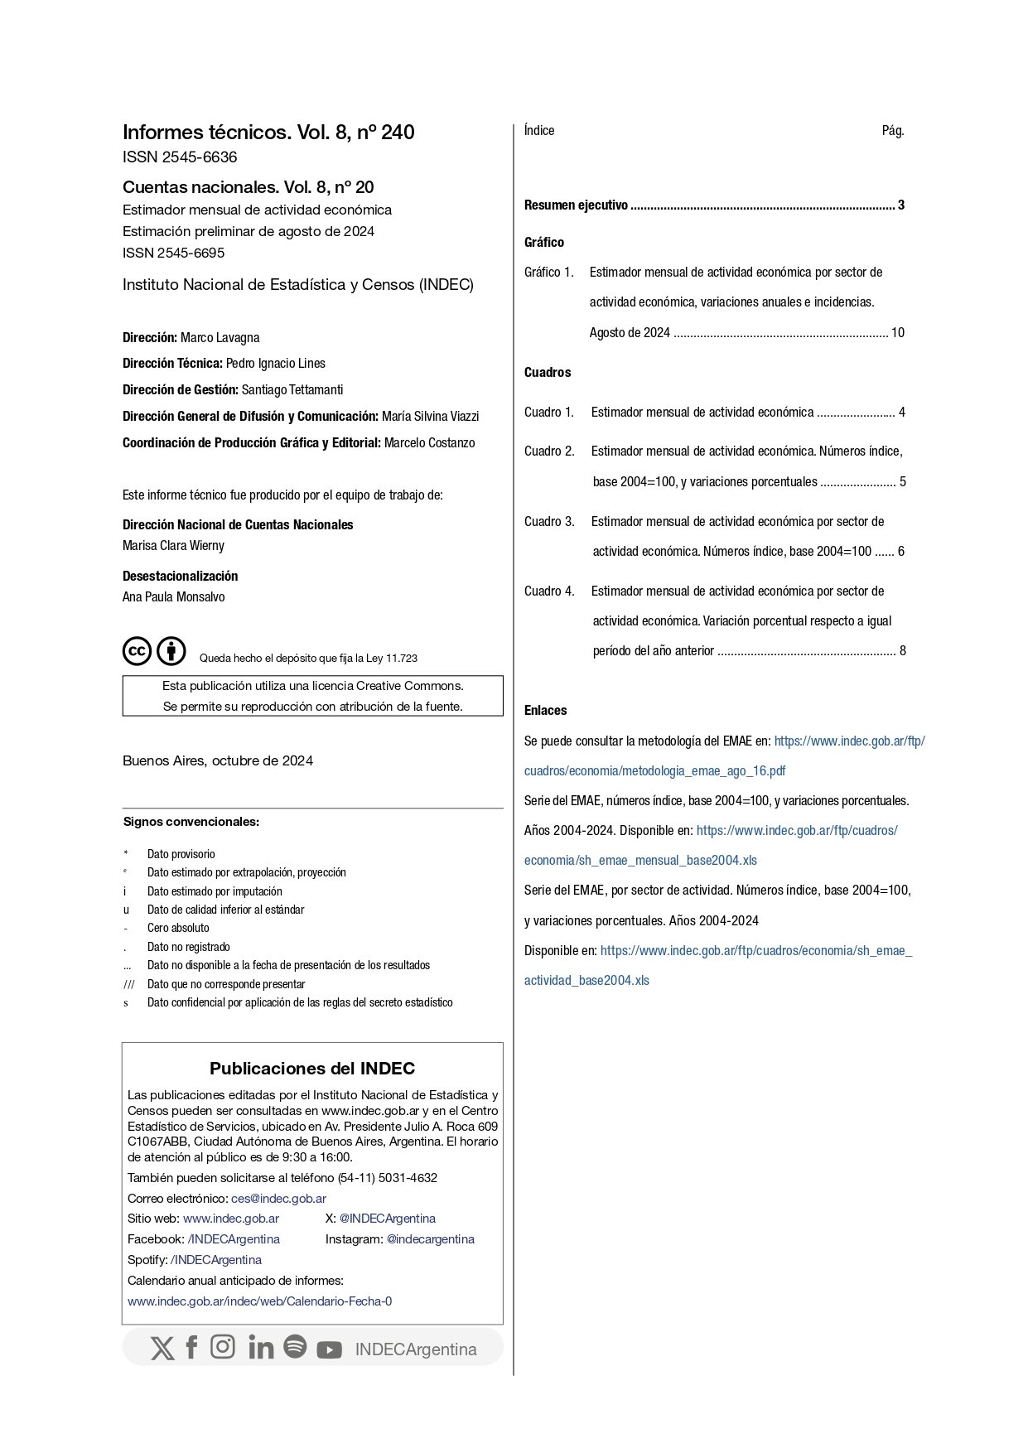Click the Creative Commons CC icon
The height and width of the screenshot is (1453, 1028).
click(x=138, y=651)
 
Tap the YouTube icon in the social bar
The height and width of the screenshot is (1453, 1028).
click(x=329, y=1349)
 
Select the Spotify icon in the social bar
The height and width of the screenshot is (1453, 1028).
click(x=295, y=1346)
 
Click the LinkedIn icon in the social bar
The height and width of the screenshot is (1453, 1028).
click(x=260, y=1348)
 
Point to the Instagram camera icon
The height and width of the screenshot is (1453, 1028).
click(x=222, y=1347)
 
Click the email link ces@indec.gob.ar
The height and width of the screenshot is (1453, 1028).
click(x=278, y=1199)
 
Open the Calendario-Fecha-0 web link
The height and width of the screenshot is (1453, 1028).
click(x=259, y=1301)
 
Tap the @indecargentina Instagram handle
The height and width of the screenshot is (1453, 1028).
click(x=430, y=1239)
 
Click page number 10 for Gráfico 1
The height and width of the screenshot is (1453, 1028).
click(x=897, y=333)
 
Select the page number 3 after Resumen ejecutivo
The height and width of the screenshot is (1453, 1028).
click(x=900, y=205)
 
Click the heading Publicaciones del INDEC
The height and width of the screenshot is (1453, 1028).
click(x=312, y=1069)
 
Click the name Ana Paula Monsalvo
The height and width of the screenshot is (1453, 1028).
click(x=173, y=597)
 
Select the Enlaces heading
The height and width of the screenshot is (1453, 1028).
click(x=545, y=711)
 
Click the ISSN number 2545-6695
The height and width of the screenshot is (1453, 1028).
click(x=191, y=253)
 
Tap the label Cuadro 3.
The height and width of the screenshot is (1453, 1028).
click(x=548, y=522)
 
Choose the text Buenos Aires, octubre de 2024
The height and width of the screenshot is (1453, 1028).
click(x=218, y=761)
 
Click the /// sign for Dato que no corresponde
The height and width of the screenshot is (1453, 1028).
click(x=128, y=984)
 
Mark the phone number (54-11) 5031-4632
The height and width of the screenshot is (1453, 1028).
click(x=388, y=1178)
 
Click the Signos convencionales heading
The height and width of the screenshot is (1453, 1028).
click(x=191, y=823)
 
